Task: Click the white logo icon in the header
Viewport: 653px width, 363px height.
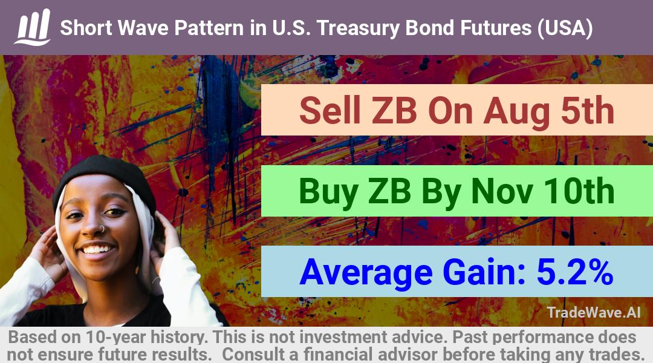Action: point(33,27)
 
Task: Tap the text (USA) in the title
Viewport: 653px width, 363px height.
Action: point(565,28)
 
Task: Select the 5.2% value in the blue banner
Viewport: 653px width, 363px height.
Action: point(575,272)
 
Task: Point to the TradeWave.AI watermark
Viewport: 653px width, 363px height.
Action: point(594,312)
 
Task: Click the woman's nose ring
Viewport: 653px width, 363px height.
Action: point(101,228)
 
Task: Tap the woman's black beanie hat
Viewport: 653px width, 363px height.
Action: point(104,177)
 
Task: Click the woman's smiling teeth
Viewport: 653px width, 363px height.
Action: point(97,250)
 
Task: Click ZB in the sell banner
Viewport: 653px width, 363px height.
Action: point(394,111)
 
